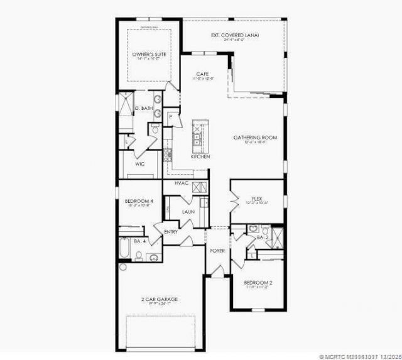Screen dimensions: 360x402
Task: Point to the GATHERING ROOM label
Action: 255,137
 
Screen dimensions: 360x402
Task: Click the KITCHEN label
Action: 200,156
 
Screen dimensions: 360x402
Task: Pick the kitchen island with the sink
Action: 199,134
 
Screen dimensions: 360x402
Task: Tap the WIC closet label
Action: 139,163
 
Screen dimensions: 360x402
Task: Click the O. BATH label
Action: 143,109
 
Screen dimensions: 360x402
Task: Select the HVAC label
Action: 182,183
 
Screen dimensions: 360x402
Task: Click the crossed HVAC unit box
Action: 200,187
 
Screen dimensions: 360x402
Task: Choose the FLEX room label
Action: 256,198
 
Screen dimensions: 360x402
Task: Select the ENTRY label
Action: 171,232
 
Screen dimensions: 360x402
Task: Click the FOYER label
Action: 217,250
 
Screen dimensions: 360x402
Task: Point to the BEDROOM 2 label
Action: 258,283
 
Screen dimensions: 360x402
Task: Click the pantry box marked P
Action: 171,117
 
